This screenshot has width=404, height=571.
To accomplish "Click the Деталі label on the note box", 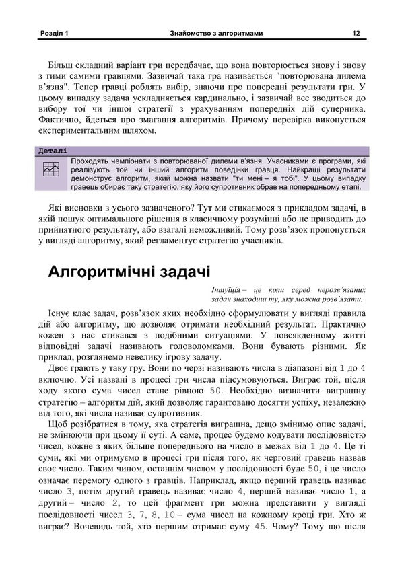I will (53, 151).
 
